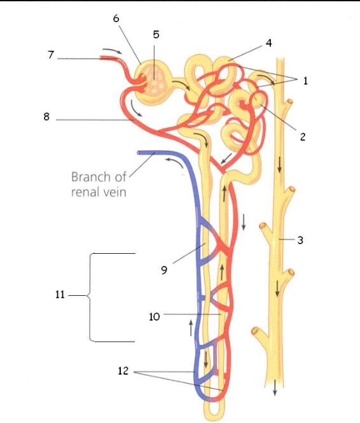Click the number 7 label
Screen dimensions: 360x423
[51, 55]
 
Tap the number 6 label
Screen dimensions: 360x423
[116, 18]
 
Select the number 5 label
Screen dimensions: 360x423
[156, 34]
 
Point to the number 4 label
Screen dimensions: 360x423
[268, 43]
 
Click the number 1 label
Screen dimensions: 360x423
[305, 80]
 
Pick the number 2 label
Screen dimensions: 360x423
[303, 137]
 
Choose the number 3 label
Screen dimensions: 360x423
[300, 240]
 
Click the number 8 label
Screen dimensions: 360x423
[46, 116]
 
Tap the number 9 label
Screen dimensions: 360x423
[164, 270]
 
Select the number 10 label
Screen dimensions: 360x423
[155, 316]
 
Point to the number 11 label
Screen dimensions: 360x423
[60, 295]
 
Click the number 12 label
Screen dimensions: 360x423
[123, 371]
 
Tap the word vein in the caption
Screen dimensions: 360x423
[113, 192]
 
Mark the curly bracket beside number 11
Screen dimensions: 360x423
[90, 297]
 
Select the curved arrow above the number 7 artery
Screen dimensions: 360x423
[112, 51]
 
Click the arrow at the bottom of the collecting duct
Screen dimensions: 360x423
[275, 387]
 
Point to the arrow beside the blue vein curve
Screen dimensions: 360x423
[175, 162]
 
